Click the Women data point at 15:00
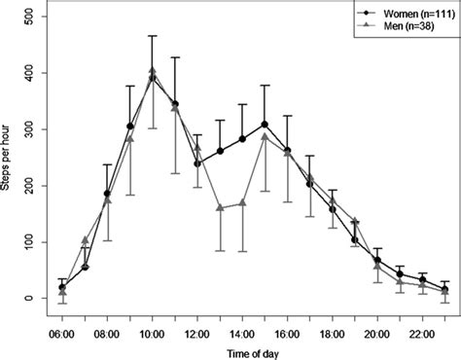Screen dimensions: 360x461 tap(265, 125)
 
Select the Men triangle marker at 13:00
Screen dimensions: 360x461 tap(220, 207)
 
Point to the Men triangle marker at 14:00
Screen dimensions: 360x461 tap(242, 202)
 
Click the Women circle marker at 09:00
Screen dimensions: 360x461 tap(129, 126)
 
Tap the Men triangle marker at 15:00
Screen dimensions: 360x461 tap(265, 136)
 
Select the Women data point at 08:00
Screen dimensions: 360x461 tap(107, 194)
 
